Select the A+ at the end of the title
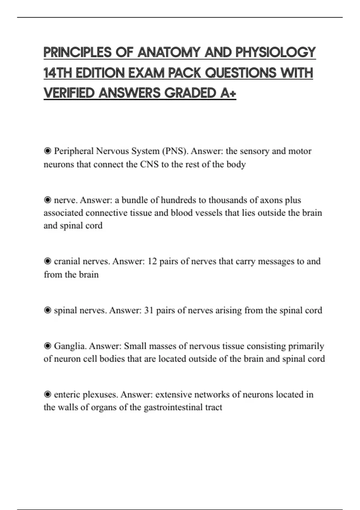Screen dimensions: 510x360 click(228, 93)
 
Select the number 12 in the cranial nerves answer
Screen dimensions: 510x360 click(152, 261)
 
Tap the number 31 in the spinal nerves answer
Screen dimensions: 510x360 click(149, 310)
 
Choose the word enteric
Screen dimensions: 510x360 click(67, 394)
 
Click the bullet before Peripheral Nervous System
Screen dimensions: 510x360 click(47, 151)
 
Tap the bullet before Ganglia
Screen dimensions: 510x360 click(47, 346)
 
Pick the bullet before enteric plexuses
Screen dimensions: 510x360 click(47, 394)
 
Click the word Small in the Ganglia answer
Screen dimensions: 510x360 click(135, 346)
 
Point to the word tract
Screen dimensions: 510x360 click(214, 407)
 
